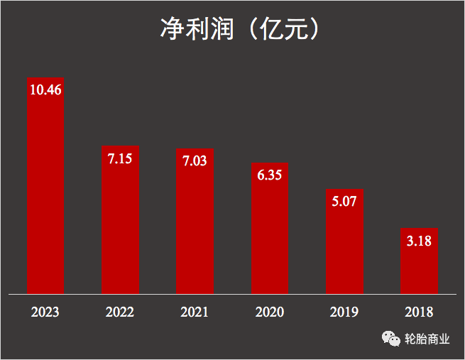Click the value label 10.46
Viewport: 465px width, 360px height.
point(45,89)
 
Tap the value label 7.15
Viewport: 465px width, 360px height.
point(120,159)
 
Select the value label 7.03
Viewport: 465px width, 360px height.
point(195,161)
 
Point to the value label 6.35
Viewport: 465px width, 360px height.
point(270,175)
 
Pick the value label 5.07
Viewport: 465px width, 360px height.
point(344,201)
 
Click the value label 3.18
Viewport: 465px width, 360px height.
point(419,241)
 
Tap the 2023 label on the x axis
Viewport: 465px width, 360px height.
point(45,312)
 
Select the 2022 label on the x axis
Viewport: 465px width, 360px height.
point(120,312)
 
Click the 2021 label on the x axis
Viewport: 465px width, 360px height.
point(195,312)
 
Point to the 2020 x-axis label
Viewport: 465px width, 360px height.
point(269,312)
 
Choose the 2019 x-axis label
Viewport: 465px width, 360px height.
point(344,312)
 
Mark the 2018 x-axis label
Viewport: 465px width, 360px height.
point(419,312)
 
